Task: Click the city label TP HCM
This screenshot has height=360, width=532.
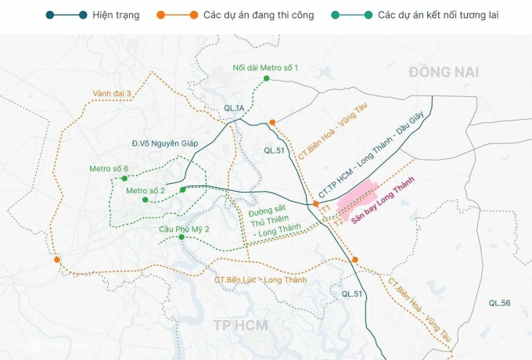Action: coord(241,325)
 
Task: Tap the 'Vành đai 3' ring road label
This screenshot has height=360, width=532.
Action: coord(112,93)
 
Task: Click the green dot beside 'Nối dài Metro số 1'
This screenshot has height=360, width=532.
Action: coord(267,78)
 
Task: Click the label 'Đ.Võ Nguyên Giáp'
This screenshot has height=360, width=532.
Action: coord(164,143)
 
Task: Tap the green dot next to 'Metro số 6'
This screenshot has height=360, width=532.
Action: coord(124,179)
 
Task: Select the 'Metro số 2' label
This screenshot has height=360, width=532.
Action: coord(146,190)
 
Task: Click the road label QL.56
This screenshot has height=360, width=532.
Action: coord(499,303)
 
